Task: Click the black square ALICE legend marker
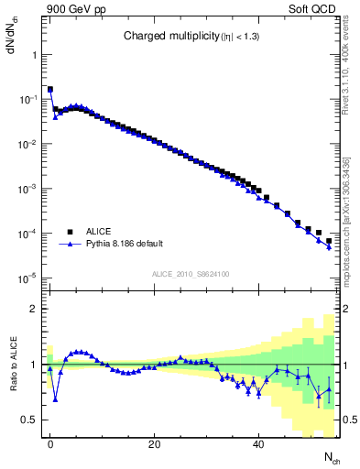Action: tap(68, 232)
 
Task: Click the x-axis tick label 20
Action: tap(155, 443)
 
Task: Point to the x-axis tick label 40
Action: tap(259, 443)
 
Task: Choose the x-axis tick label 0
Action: tap(50, 443)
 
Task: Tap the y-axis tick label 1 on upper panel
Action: tap(34, 54)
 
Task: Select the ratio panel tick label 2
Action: tap(34, 309)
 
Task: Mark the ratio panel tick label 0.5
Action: tap(30, 420)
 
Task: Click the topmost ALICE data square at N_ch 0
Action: tap(50, 90)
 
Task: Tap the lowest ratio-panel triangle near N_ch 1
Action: tap(56, 399)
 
